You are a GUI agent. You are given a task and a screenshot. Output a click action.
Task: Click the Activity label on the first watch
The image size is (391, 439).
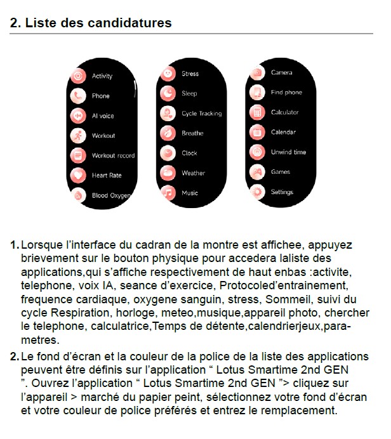[x=102, y=76]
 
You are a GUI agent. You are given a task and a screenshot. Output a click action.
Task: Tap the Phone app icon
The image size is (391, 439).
[x=77, y=96]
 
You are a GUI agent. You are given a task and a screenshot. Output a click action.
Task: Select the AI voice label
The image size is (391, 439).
[x=103, y=116]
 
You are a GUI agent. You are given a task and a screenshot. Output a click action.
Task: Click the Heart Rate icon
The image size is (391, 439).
[x=77, y=175]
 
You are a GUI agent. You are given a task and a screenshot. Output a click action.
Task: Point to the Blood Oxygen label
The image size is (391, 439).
[x=110, y=196]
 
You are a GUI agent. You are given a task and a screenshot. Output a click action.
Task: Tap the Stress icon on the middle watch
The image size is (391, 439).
[x=168, y=74]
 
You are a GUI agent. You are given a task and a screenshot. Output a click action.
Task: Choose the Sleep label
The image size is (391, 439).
[x=189, y=93]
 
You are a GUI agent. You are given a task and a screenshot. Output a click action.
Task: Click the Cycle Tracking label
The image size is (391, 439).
[x=201, y=114]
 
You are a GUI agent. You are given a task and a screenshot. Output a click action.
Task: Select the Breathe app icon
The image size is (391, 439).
[x=168, y=133]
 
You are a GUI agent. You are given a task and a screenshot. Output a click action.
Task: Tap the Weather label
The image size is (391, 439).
[x=193, y=173]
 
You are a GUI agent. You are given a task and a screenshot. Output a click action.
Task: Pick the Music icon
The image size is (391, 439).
[x=168, y=193]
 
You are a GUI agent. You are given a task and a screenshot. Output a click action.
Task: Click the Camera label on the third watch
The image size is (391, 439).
[x=281, y=73]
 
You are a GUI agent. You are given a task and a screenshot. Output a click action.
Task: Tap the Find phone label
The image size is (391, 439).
[x=286, y=93]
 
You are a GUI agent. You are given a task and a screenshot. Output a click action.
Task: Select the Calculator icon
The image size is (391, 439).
[x=256, y=113]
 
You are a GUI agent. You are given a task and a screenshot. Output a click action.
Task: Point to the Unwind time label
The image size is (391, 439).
[x=288, y=152]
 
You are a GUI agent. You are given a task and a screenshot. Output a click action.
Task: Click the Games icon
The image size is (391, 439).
[x=256, y=172]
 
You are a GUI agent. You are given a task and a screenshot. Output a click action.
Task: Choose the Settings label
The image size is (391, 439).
[x=282, y=192]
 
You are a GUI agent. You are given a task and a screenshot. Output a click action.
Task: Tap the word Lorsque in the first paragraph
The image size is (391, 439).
[x=42, y=244]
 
